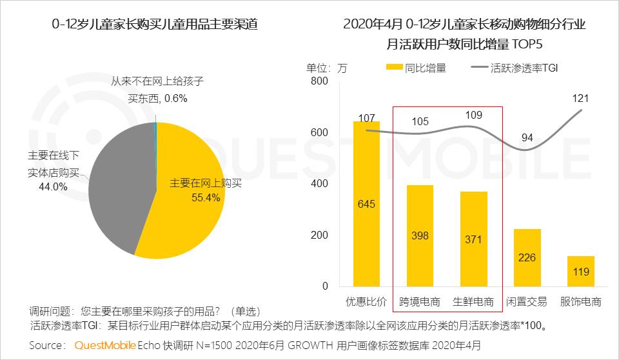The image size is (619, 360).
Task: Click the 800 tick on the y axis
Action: [319, 81]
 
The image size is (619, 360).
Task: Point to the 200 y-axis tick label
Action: [319, 235]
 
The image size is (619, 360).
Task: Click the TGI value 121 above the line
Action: [580, 98]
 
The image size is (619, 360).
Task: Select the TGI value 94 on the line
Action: [527, 137]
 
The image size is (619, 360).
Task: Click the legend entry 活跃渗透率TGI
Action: [513, 67]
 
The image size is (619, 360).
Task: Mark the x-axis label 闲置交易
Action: [527, 302]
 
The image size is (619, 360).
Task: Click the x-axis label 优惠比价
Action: [366, 302]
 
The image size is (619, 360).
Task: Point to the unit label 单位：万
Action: [327, 67]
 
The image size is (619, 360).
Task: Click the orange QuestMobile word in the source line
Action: [105, 345]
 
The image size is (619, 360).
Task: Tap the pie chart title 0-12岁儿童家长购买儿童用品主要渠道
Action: [155, 25]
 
